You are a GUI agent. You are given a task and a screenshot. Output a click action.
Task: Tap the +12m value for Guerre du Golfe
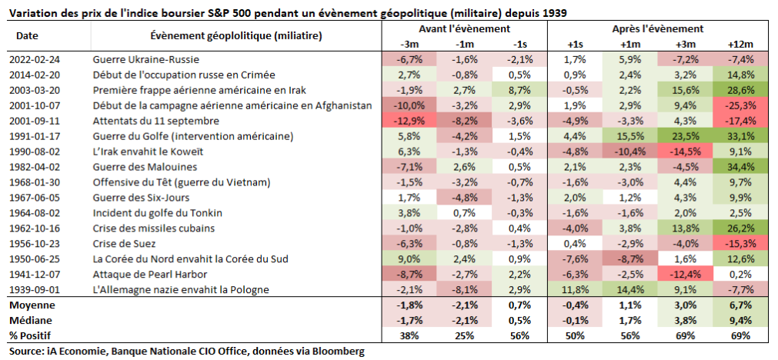(x=741, y=136)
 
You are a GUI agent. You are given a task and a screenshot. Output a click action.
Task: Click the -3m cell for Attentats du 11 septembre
(x=409, y=121)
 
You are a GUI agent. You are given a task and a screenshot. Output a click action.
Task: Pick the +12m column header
(x=741, y=44)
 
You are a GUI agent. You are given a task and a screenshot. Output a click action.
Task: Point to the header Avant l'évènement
(x=464, y=28)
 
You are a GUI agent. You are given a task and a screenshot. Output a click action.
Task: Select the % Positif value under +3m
(x=686, y=336)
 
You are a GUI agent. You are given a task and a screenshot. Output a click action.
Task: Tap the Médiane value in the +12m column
(x=741, y=321)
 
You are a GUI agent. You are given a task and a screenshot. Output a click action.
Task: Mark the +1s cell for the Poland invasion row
(x=576, y=290)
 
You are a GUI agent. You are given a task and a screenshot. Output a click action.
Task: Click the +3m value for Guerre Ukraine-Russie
(x=686, y=59)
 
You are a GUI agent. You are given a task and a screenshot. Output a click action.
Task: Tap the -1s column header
(x=519, y=44)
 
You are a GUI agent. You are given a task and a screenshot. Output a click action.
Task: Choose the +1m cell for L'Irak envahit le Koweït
(x=630, y=152)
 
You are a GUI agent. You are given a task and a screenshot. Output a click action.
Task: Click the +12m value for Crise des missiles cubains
(x=741, y=228)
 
